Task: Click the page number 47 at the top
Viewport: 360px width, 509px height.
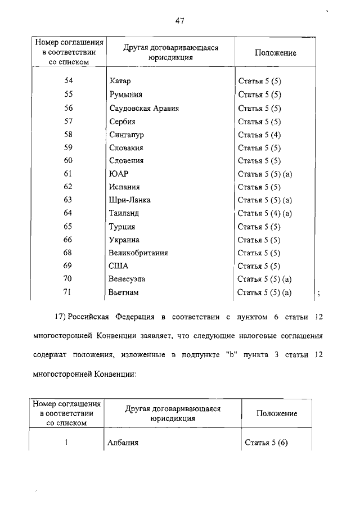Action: coord(180,22)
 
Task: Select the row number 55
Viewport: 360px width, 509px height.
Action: coord(69,95)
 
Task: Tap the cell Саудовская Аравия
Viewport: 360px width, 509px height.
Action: coord(144,108)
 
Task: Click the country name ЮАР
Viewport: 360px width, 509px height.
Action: coord(119,174)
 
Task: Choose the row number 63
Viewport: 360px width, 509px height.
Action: coord(69,200)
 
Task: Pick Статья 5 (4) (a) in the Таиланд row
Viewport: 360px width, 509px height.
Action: coord(264,213)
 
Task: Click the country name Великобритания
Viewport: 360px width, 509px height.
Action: coord(138,253)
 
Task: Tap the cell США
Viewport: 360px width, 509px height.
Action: coord(119,265)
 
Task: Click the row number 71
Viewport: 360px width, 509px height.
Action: coord(69,292)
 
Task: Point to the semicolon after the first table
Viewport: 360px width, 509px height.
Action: coord(319,292)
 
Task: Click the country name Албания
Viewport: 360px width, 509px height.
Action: coord(123,443)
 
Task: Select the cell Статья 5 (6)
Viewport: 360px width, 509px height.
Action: coord(266,443)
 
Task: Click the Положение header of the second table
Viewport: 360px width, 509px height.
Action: coord(277,413)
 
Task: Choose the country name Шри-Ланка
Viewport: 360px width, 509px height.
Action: coord(130,200)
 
